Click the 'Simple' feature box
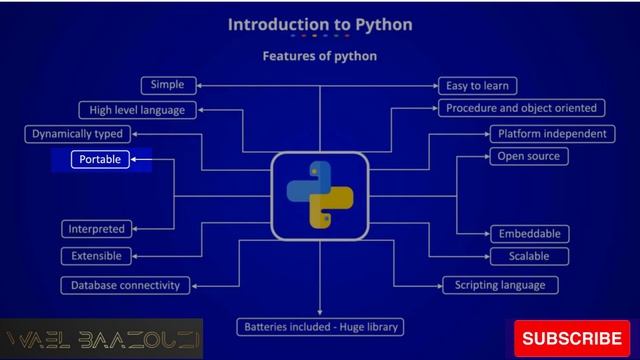[167, 85]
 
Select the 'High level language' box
[131, 110]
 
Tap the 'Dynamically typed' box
[77, 133]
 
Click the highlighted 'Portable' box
[100, 159]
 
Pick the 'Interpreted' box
[96, 229]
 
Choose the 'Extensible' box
[96, 256]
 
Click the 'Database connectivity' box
[125, 285]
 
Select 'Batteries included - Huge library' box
[320, 327]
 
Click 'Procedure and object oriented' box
[520, 108]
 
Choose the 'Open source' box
[527, 156]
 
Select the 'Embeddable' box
[528, 233]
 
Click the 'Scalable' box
[528, 256]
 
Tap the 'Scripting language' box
[500, 285]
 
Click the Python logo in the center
[320, 195]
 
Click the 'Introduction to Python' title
[320, 23]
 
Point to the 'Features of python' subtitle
[320, 56]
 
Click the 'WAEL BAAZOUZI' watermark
[102, 340]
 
